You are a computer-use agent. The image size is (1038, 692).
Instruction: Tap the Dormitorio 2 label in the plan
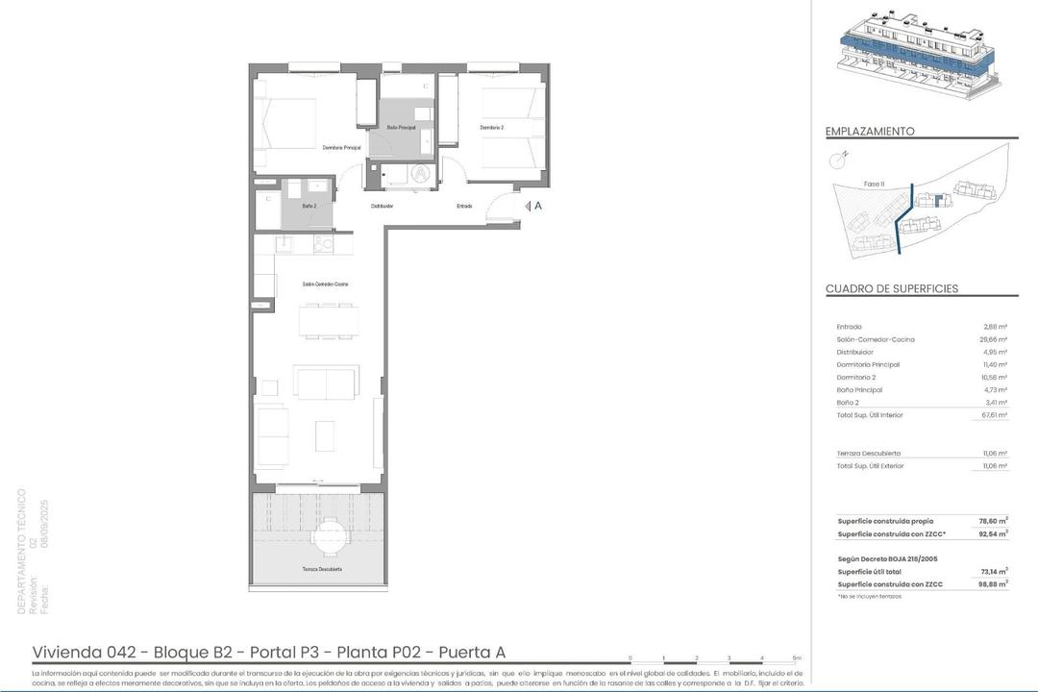click(492, 127)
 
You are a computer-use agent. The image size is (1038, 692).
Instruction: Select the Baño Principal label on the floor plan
click(401, 127)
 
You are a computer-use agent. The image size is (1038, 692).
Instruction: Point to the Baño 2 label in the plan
click(309, 206)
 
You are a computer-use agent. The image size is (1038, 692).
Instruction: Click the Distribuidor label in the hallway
click(383, 206)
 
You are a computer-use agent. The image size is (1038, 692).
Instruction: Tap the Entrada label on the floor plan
click(464, 206)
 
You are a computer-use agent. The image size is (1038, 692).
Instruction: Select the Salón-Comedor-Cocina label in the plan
click(325, 284)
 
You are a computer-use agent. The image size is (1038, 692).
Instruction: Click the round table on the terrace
click(330, 533)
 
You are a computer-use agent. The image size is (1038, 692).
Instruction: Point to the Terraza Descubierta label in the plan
click(323, 569)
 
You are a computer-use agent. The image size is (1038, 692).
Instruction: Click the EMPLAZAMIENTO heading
click(870, 132)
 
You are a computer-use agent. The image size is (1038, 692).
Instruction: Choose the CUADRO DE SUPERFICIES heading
click(892, 289)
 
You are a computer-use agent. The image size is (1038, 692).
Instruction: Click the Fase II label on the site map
click(874, 184)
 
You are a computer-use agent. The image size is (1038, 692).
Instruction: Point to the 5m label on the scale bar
click(797, 658)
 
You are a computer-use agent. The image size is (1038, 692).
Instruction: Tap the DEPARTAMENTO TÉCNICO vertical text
click(22, 552)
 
